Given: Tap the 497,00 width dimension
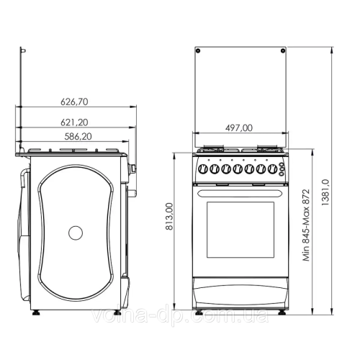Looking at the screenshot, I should click(238, 127).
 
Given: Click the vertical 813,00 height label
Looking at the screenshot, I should click(169, 217).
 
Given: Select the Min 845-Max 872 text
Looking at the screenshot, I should click(307, 222).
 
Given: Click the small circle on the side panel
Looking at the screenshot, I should click(76, 233).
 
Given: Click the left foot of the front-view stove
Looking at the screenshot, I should click(202, 310).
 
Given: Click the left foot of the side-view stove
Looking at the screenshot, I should click(35, 312).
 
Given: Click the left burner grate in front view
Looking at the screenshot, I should click(214, 150).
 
